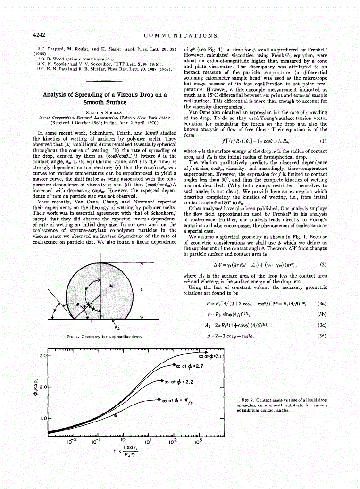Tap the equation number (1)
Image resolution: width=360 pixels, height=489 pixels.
point(323,141)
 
